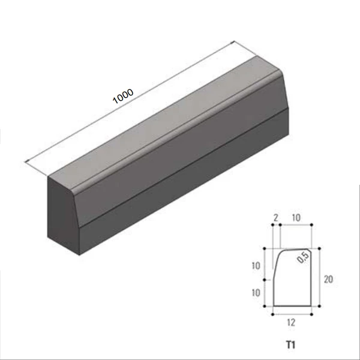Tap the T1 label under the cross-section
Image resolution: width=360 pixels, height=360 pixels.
pyautogui.click(x=290, y=345)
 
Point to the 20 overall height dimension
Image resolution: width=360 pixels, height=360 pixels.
pyautogui.click(x=326, y=278)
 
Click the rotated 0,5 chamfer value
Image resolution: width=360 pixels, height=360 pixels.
pyautogui.click(x=303, y=258)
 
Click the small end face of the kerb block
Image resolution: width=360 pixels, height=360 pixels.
pyautogui.click(x=63, y=216)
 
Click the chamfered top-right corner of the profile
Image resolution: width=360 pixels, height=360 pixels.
pyautogui.click(x=311, y=253)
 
